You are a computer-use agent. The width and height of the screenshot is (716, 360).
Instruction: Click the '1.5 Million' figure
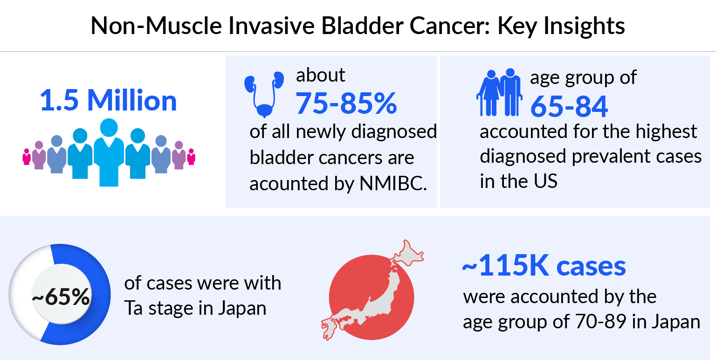click(109, 101)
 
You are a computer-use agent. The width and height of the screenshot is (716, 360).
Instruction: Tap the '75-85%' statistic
click(346, 103)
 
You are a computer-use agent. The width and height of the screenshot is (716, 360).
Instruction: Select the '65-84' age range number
click(569, 106)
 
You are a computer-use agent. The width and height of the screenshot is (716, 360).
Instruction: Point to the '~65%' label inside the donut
click(61, 297)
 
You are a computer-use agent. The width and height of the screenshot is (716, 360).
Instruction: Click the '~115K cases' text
click(544, 266)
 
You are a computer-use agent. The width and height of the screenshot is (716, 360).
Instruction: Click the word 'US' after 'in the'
click(544, 181)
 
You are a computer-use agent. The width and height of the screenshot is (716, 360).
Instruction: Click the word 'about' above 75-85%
click(321, 75)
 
